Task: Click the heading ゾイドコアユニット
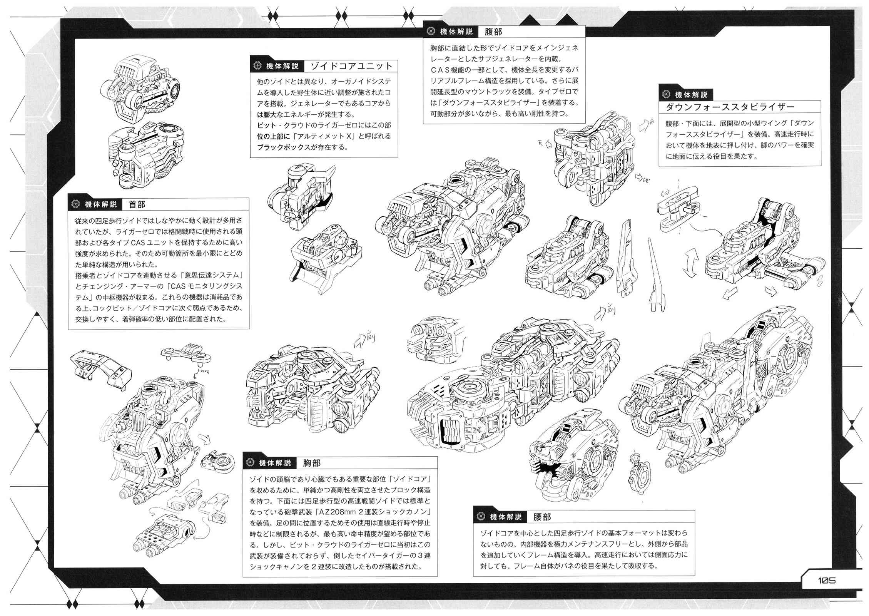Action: [351, 66]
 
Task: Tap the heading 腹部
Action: [493, 32]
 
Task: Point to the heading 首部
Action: [137, 204]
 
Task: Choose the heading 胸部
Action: [312, 463]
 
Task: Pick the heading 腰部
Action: [542, 517]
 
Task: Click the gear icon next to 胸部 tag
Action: [251, 462]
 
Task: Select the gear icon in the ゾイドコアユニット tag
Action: [257, 66]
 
